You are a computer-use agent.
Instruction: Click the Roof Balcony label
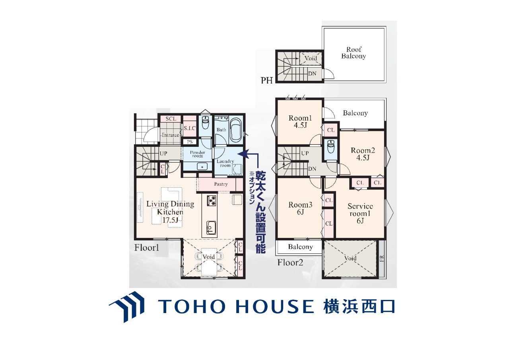click(354, 53)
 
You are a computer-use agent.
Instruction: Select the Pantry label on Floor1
click(221, 184)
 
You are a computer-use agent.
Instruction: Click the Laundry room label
click(225, 163)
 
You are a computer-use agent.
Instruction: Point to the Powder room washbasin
click(202, 166)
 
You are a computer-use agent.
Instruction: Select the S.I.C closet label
click(190, 128)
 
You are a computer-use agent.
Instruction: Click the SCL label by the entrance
click(171, 119)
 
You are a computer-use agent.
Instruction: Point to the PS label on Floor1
click(190, 142)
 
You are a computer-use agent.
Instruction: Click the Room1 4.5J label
click(300, 121)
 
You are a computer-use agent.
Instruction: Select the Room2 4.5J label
click(363, 154)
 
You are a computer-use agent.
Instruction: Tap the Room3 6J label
click(300, 208)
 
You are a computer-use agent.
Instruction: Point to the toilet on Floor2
click(330, 147)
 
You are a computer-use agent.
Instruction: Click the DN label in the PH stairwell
click(312, 74)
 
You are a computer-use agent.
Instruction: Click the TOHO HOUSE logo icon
click(126, 307)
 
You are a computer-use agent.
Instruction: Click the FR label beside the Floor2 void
click(382, 258)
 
